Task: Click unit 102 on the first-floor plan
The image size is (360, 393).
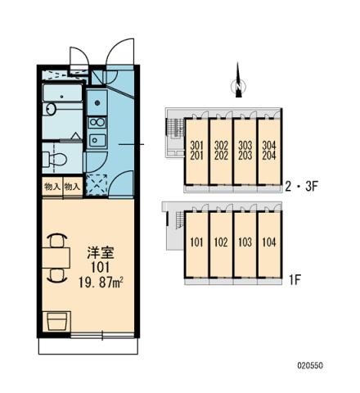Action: coord(221,242)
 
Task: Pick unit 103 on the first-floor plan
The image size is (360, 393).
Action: coord(245,242)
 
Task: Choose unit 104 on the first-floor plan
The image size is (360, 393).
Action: coord(268,242)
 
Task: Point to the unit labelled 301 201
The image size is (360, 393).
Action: coord(196,151)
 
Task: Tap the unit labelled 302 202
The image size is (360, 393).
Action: coord(221,151)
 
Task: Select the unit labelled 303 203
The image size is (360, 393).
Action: coord(245,151)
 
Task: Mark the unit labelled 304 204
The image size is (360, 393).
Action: coord(268,151)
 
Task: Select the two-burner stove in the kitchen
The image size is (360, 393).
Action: coord(97,130)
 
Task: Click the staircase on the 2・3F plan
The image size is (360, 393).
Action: coord(173,129)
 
